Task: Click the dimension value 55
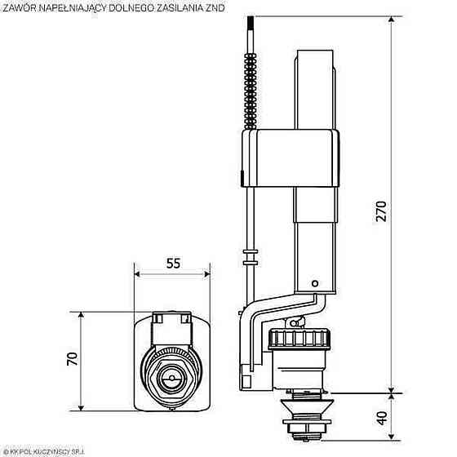(172, 264)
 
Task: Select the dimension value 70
(71, 358)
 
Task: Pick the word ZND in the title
(215, 8)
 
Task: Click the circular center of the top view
(172, 380)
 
